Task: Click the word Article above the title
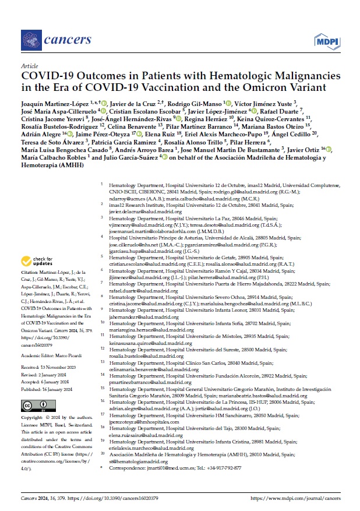pyautogui.click(x=29, y=66)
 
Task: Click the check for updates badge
pyautogui.click(x=37, y=261)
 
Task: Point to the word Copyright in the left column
pyautogui.click(x=32, y=418)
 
